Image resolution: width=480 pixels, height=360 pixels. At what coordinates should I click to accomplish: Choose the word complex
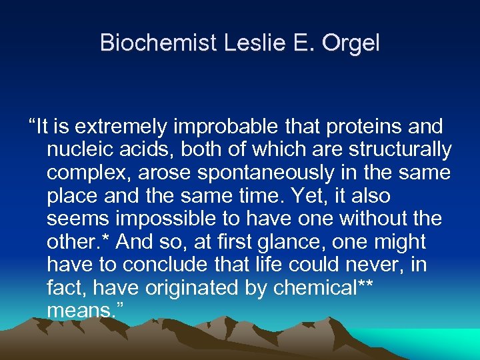click(85, 173)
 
